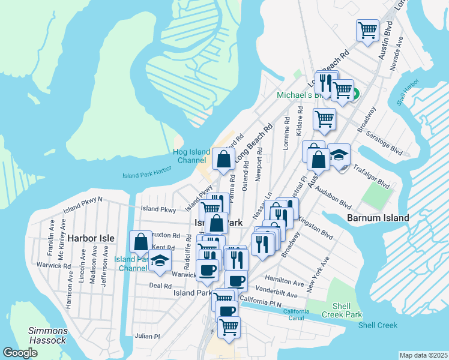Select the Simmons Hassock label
coord(48,335)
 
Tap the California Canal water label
coord(296,316)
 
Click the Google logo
coord(20,353)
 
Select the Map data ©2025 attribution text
coord(423,355)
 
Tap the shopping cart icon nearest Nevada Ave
coord(367,29)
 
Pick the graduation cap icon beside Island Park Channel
coord(160,260)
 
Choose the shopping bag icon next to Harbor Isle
coord(140,241)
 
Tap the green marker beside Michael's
coord(355,94)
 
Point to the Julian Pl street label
coord(147,336)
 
